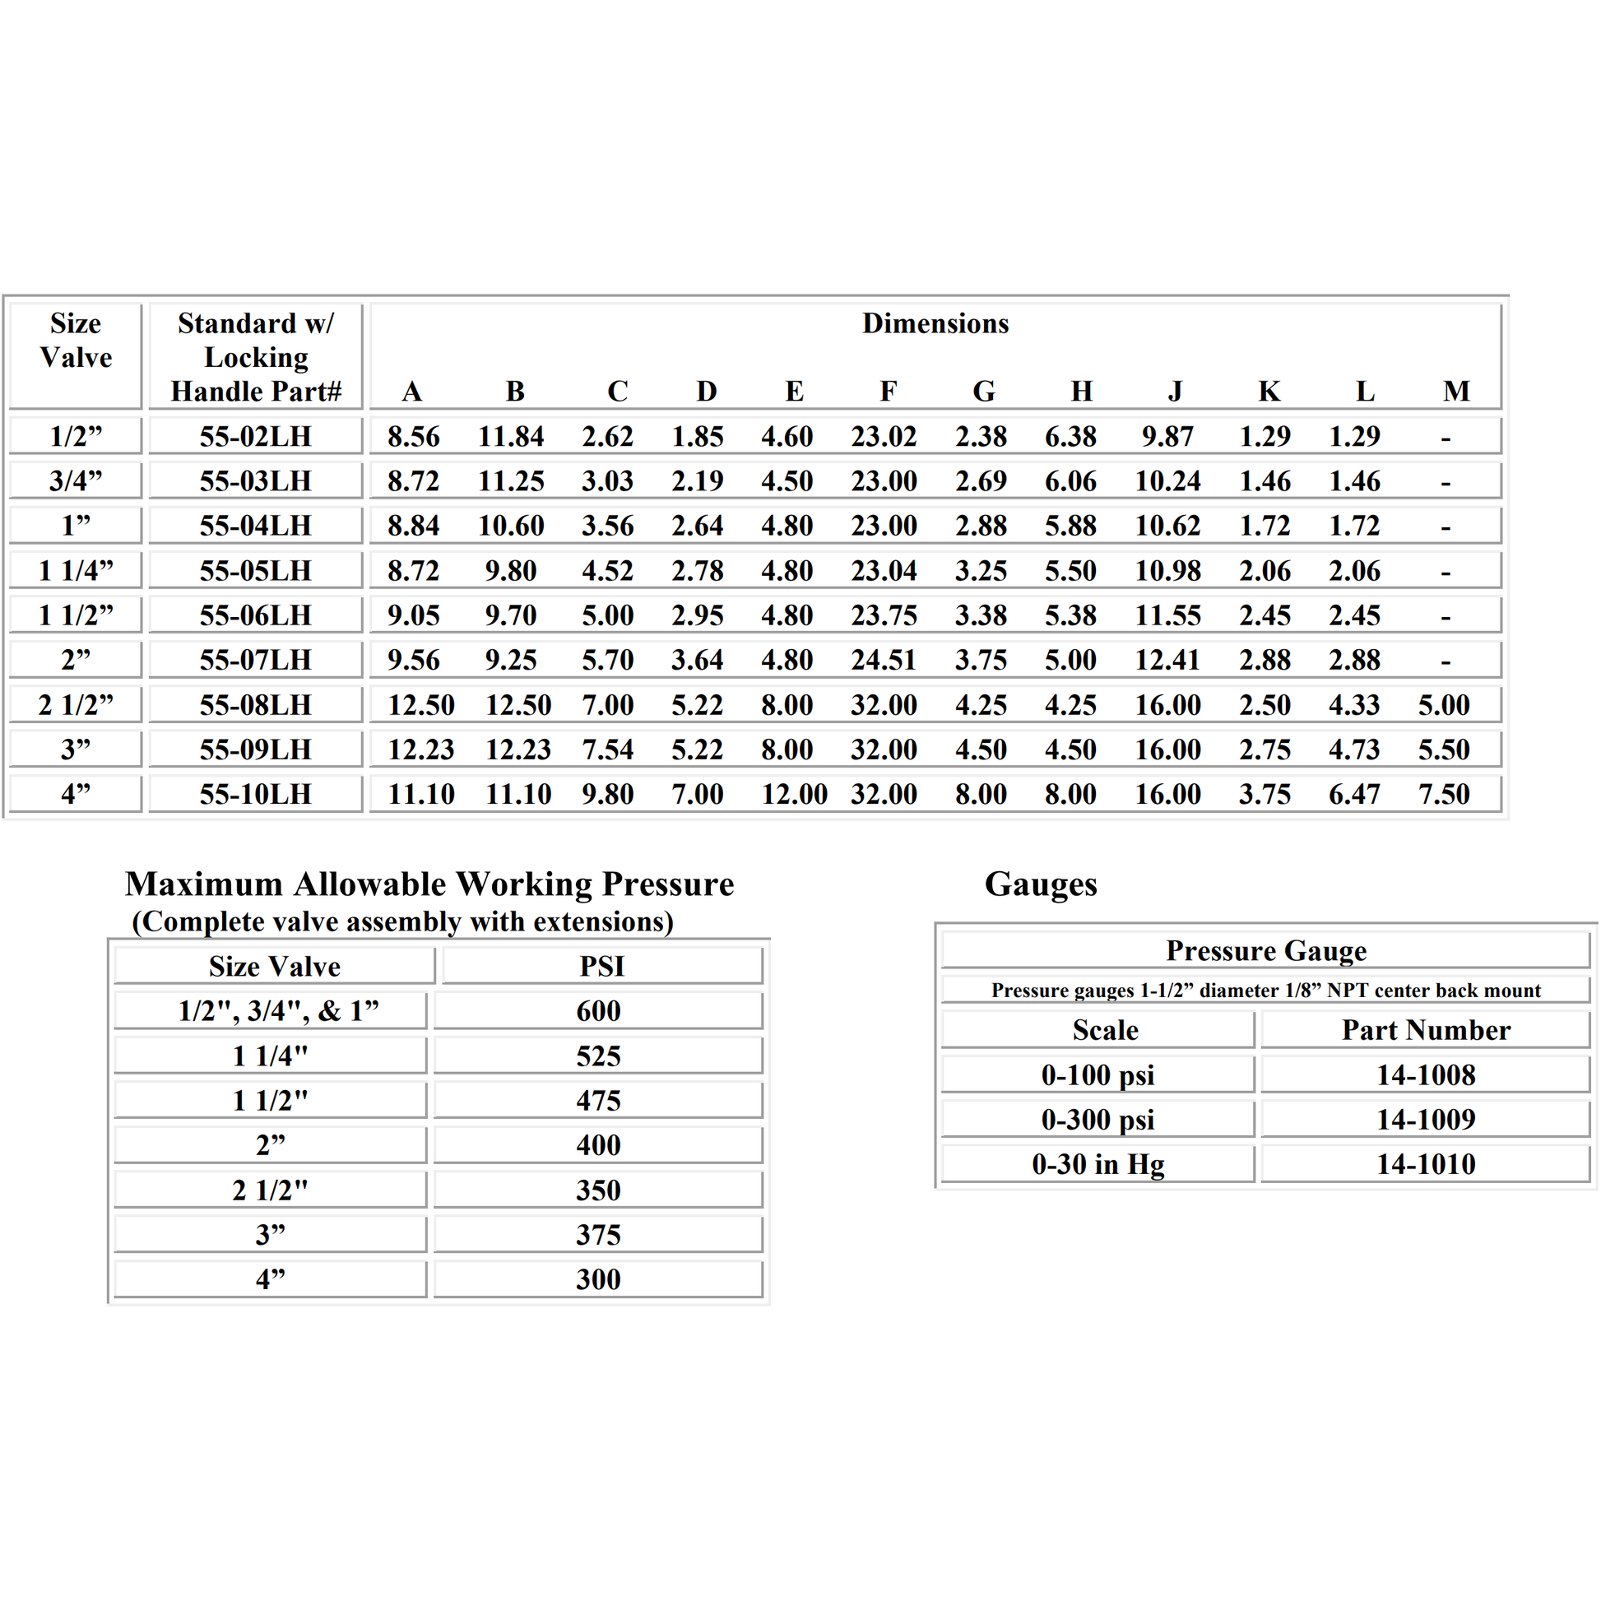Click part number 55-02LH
tap(255, 437)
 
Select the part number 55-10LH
tap(255, 795)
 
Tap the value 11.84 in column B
tap(510, 437)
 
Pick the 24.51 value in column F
tap(884, 661)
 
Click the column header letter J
tap(1175, 391)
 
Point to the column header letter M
tap(1456, 391)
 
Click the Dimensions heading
tap(935, 323)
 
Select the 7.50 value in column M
tap(1444, 795)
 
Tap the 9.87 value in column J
tap(1167, 437)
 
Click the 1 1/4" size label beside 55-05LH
tap(76, 571)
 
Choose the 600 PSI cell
tap(598, 1011)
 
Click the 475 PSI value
tap(598, 1101)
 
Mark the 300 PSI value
tap(598, 1279)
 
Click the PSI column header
tap(601, 966)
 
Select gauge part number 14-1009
tap(1425, 1120)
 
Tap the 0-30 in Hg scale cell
tap(1098, 1164)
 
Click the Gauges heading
tap(1040, 884)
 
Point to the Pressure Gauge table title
tap(1265, 950)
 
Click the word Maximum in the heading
tap(204, 884)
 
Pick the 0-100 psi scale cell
tap(1098, 1075)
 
